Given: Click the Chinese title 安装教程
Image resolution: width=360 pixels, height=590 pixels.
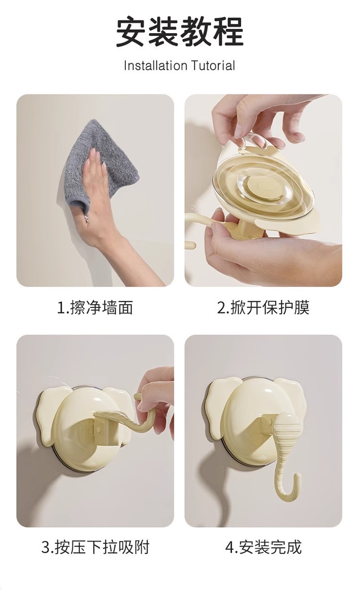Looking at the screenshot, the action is point(180,31).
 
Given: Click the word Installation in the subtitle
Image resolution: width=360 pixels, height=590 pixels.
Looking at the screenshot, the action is point(156,66).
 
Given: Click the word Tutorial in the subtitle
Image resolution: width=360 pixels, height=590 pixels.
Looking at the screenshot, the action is point(213,66).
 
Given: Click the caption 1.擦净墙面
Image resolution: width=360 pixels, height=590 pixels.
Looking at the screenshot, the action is point(95,307).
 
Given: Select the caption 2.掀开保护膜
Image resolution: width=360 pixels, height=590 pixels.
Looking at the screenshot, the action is point(263,307).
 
